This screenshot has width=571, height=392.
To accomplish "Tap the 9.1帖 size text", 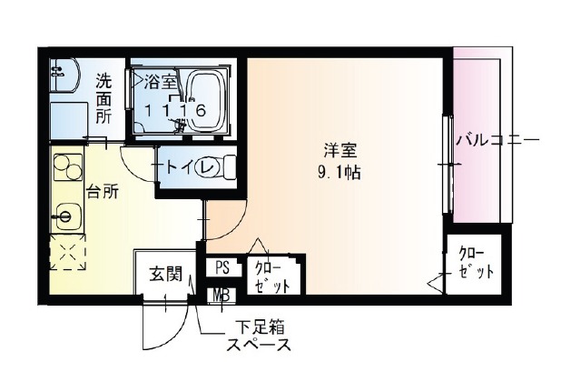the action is pos(339,173).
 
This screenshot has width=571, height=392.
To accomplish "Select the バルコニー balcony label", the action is pos(498,140).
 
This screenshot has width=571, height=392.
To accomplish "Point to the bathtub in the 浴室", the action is pos(206,102).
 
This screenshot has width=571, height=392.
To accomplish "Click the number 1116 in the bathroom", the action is pos(176,110).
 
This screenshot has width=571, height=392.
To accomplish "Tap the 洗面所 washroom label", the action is pos(103,98).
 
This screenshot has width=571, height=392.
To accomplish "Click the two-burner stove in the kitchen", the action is pos(68,166).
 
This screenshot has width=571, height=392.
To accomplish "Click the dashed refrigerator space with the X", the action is pos(68,252).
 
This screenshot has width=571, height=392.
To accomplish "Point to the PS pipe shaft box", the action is pos(222,267).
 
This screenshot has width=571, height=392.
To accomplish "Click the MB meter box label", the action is pos(222,296).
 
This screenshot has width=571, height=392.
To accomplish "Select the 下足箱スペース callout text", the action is pos(259,336).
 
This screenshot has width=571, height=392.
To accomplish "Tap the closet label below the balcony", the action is pos(476,263).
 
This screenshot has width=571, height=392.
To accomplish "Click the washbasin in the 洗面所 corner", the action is pos(65,75).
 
